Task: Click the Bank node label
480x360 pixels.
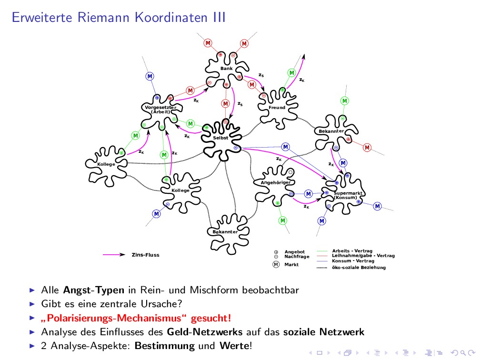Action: (x=226, y=69)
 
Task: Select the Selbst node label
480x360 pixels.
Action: (x=220, y=138)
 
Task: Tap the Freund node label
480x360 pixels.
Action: (x=277, y=108)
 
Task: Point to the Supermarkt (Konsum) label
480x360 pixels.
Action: (x=348, y=195)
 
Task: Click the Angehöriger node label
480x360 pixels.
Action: (x=275, y=182)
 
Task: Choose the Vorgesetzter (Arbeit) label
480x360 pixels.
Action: (x=160, y=110)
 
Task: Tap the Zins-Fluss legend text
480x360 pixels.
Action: (x=146, y=255)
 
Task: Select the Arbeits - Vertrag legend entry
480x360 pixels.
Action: (x=352, y=251)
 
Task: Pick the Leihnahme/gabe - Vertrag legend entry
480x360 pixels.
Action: (x=363, y=256)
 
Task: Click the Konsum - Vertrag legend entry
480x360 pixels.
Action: (x=353, y=261)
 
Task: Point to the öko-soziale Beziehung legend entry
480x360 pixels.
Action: (x=359, y=268)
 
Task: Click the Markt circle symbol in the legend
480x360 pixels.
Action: (x=276, y=264)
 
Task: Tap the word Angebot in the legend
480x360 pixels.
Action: (x=294, y=251)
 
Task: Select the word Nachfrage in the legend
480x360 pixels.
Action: (x=297, y=257)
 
